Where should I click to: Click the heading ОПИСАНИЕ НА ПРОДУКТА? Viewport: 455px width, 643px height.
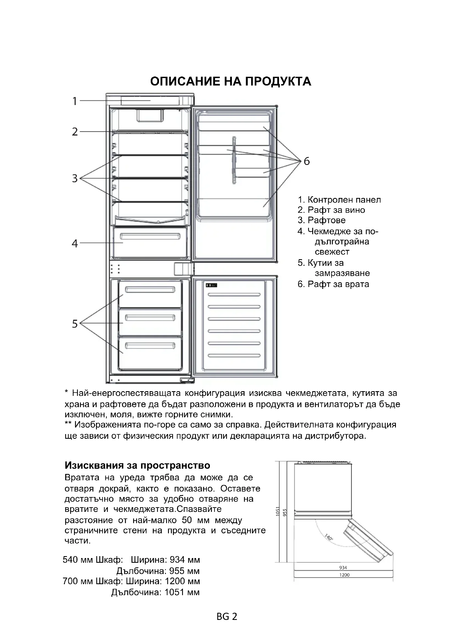click(x=231, y=81)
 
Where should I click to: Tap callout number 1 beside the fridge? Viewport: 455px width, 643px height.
click(x=75, y=101)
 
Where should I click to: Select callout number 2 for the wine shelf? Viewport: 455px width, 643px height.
click(x=75, y=132)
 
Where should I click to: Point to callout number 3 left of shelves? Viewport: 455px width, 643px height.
click(x=75, y=178)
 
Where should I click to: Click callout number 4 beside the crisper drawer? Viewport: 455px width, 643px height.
click(x=75, y=243)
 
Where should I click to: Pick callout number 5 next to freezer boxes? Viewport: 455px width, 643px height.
click(x=75, y=324)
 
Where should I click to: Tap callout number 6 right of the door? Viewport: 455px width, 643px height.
click(x=306, y=161)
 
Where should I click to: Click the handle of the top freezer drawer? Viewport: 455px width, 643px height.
click(x=150, y=289)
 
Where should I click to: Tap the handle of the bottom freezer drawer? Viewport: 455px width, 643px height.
click(x=150, y=346)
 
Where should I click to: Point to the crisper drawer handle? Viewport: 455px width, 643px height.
click(x=150, y=237)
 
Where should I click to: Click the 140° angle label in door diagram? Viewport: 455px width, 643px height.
click(x=328, y=537)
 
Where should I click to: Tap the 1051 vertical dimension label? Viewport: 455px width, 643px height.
click(x=278, y=511)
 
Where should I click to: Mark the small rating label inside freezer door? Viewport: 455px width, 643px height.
click(x=212, y=285)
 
